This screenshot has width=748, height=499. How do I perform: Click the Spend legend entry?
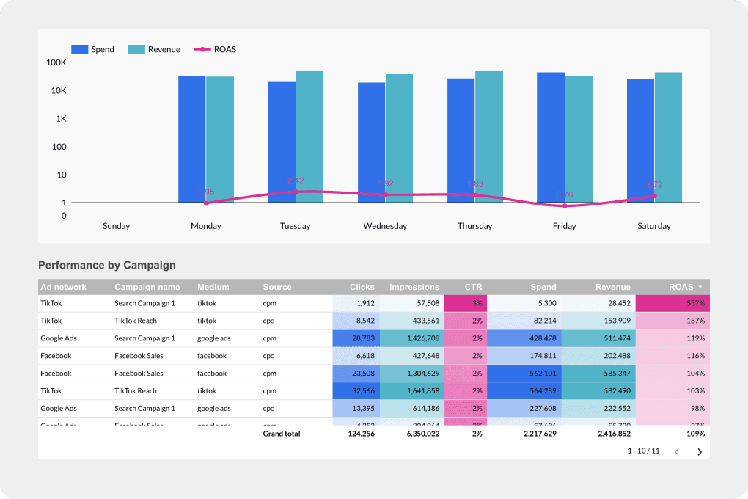(x=92, y=49)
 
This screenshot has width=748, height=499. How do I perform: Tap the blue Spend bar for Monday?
(x=191, y=139)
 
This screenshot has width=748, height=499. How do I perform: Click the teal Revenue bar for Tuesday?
(x=309, y=136)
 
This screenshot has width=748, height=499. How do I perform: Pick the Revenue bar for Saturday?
(x=668, y=137)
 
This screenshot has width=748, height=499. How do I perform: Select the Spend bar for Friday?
(x=551, y=137)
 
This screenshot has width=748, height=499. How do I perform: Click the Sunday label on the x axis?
(x=117, y=226)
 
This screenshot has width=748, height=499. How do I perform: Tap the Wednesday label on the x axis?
(x=385, y=226)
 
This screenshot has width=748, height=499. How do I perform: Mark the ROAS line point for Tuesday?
(x=296, y=192)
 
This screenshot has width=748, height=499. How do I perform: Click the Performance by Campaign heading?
(x=107, y=265)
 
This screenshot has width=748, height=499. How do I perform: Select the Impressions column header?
(x=414, y=287)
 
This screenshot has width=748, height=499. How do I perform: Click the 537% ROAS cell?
(x=672, y=303)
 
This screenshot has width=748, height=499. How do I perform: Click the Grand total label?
(x=282, y=434)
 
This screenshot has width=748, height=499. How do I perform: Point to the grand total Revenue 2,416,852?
(x=609, y=434)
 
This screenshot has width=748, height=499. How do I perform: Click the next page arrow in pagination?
(x=699, y=451)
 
